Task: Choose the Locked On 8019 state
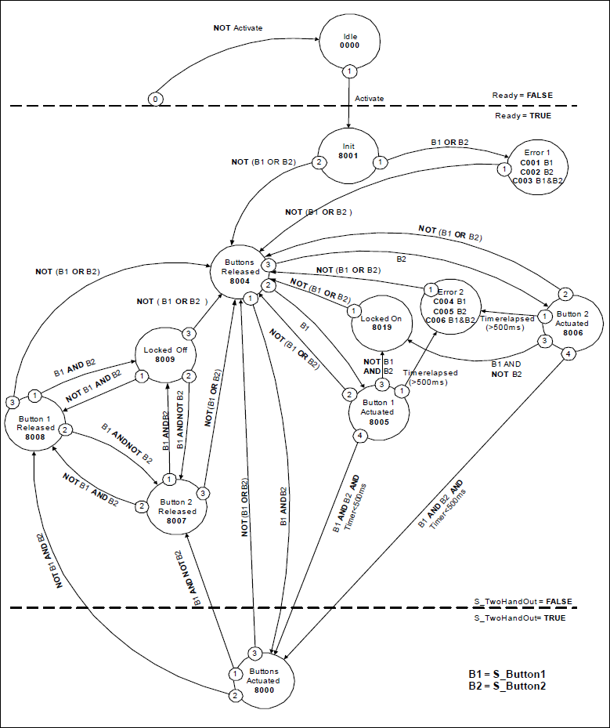pyautogui.click(x=381, y=324)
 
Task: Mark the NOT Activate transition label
pyautogui.click(x=238, y=27)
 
